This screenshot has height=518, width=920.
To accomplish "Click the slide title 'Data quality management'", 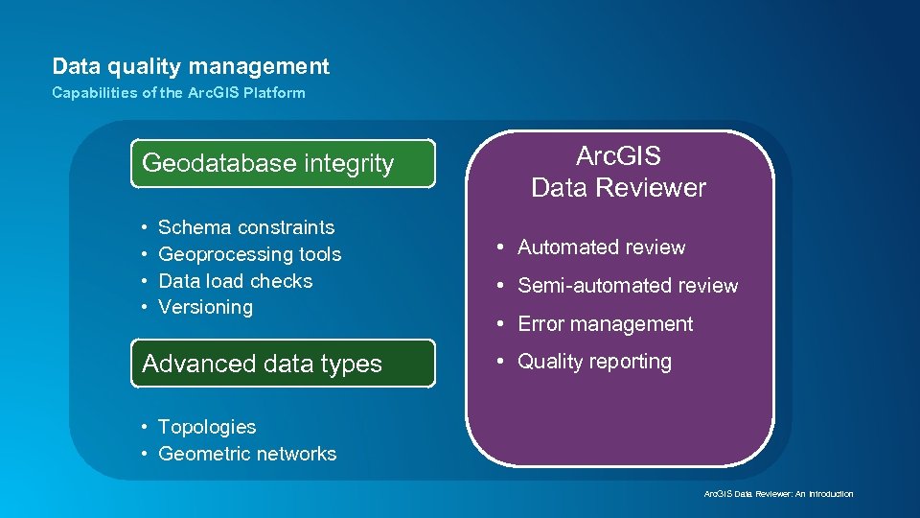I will coord(191,66).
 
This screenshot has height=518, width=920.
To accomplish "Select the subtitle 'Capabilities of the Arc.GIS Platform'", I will coord(178,93).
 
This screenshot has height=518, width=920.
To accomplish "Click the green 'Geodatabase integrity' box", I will coord(283,163).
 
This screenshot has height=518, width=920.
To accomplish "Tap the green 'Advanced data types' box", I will coord(283,364).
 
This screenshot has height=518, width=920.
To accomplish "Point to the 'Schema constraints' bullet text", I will coord(246,227).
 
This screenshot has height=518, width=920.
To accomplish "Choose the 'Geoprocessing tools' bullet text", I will coord(249,254).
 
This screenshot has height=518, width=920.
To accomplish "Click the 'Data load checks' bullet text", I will coord(235,281).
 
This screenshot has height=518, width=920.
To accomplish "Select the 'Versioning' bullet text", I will coord(205,307).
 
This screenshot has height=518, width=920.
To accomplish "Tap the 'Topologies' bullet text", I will coord(207,427).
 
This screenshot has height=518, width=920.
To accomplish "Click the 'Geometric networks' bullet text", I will coord(247,454).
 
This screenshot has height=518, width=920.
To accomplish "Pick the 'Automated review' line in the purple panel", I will coord(601,247).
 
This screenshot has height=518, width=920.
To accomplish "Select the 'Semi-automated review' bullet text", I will coord(628,286).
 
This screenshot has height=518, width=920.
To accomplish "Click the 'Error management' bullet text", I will coord(605,324).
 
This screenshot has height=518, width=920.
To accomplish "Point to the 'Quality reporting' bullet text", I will coord(594,362).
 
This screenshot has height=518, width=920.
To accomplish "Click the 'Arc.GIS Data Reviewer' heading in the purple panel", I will coord(618,172).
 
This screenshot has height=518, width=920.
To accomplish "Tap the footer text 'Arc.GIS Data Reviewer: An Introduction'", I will coord(778,494).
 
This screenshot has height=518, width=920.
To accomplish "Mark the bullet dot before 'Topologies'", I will coord(143,427).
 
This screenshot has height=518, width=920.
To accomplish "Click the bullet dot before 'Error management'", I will coord(501,324).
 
